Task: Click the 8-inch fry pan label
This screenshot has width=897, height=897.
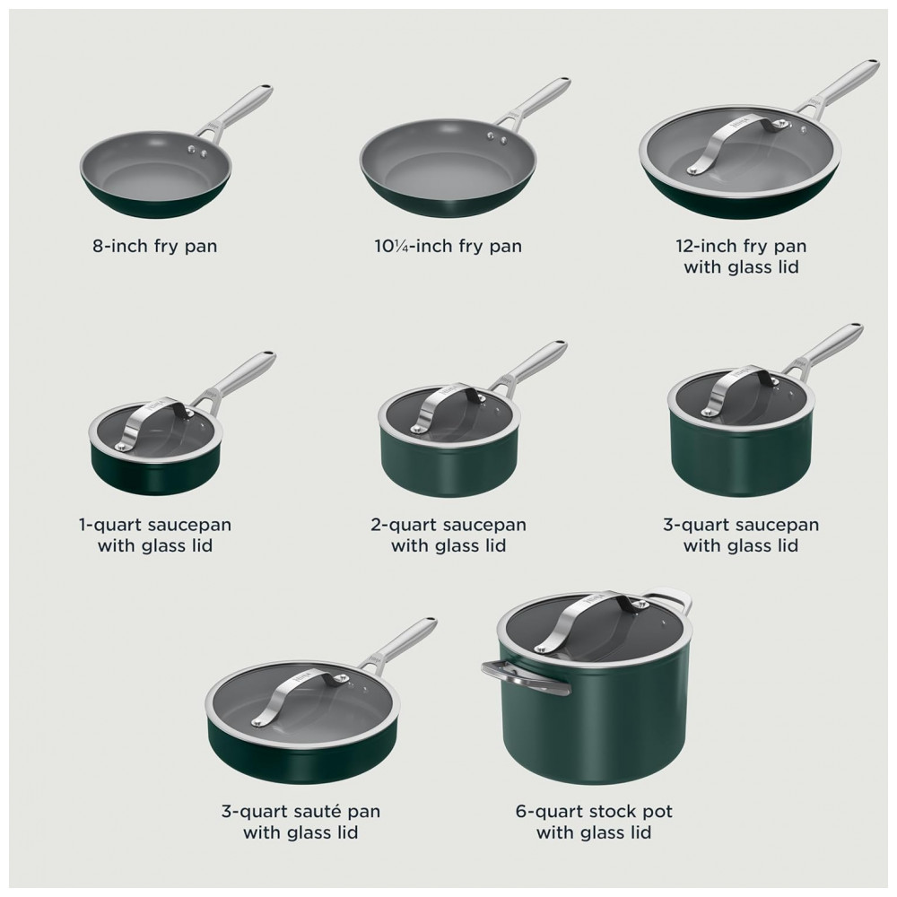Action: click(x=155, y=246)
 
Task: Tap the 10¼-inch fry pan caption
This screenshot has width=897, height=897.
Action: click(x=448, y=246)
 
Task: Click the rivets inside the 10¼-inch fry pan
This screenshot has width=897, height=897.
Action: click(x=497, y=137)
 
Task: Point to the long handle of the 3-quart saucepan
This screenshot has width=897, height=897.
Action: click(x=823, y=348)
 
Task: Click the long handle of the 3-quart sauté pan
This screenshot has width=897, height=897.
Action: click(x=398, y=643)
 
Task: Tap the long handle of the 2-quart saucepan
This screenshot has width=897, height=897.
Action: click(x=530, y=367)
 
